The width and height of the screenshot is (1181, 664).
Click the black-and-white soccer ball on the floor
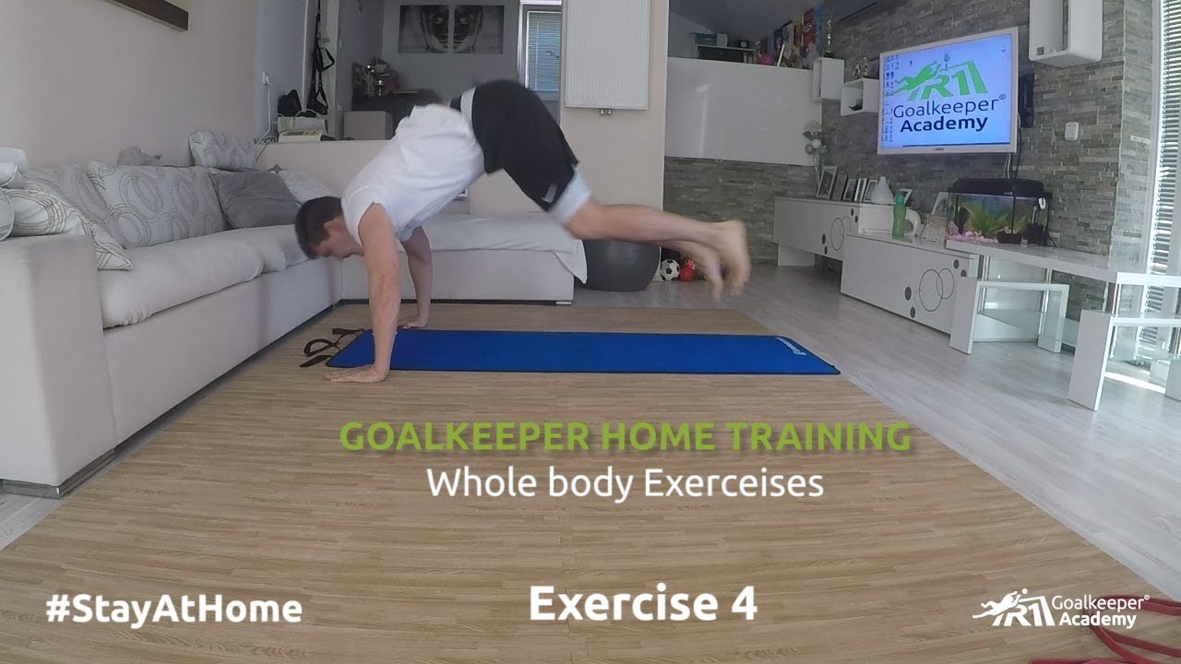(669, 270)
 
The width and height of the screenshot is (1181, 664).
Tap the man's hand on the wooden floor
(353, 373)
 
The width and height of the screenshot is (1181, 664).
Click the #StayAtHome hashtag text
(173, 609)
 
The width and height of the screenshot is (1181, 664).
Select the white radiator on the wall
(606, 53)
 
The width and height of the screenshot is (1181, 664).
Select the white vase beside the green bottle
(881, 191)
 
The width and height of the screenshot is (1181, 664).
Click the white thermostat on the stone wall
(1071, 131)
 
